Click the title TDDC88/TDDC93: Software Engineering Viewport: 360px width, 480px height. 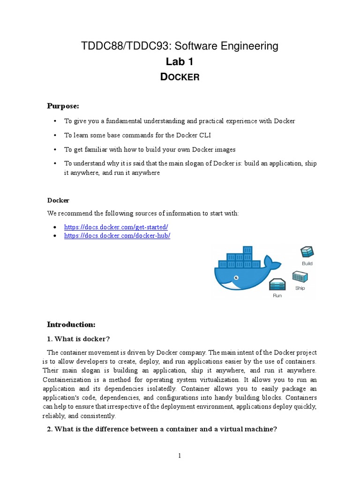coord(180,46)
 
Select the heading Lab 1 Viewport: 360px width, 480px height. coord(180,61)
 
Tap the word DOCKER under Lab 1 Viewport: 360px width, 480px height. coord(180,77)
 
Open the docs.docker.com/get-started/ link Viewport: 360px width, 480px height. coord(116,227)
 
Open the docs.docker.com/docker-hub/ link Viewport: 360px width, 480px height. coord(117,236)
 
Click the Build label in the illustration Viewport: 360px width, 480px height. coord(307,263)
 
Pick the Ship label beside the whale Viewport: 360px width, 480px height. coord(300,288)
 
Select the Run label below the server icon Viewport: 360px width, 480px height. coord(277,296)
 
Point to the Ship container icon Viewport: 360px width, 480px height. coord(300,277)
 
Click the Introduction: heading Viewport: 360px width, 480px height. coord(71,324)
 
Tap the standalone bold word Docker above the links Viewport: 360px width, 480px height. coord(58,200)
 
